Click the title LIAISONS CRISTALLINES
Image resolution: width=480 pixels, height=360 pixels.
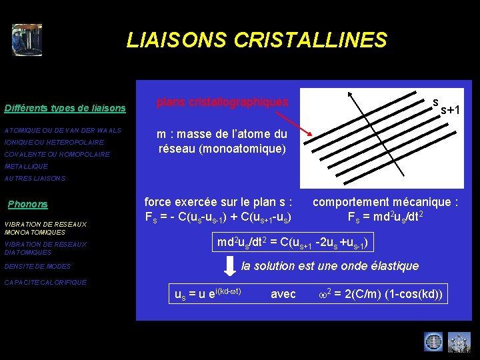[x=257, y=41]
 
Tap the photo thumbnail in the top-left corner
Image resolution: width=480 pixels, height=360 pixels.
[x=27, y=40]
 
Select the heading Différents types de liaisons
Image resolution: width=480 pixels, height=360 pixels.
[x=65, y=108]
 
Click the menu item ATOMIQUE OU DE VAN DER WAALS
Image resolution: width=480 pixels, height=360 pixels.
[x=63, y=130]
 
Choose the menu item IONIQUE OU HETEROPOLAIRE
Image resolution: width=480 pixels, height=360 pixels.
[x=54, y=142]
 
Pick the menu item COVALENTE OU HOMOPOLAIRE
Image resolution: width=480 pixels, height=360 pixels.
[x=57, y=154]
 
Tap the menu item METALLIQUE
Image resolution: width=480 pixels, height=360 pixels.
[x=26, y=166]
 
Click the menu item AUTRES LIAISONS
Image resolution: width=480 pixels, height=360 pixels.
[x=35, y=178]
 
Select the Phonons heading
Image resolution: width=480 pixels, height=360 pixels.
[x=27, y=204]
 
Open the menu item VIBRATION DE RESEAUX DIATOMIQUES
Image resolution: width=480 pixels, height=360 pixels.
[x=45, y=248]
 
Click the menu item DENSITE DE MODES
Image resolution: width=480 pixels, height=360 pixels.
[x=37, y=266]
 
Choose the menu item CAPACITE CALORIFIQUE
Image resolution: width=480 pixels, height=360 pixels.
[x=45, y=282]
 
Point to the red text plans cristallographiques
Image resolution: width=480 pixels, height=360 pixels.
[x=222, y=103]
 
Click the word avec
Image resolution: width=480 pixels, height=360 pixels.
[x=283, y=293]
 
